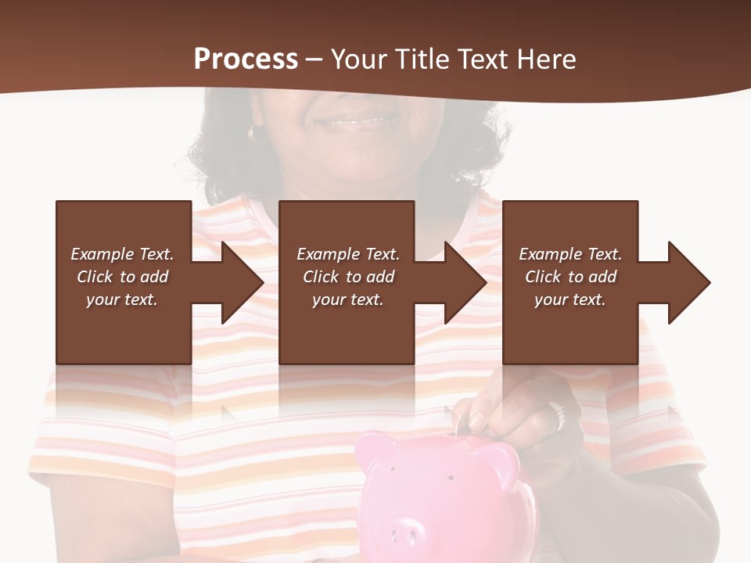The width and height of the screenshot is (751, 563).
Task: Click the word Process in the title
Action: click(x=246, y=59)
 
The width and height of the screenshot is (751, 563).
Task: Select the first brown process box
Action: click(x=123, y=227)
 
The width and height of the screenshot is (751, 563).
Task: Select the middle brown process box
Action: click(x=347, y=227)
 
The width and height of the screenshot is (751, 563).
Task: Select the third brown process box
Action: click(x=570, y=227)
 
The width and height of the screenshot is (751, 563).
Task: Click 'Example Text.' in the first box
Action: click(x=123, y=254)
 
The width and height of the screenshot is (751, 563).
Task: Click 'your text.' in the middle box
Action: click(x=347, y=299)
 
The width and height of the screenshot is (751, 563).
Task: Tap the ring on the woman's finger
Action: click(x=556, y=412)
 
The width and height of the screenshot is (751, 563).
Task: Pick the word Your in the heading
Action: click(x=358, y=59)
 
